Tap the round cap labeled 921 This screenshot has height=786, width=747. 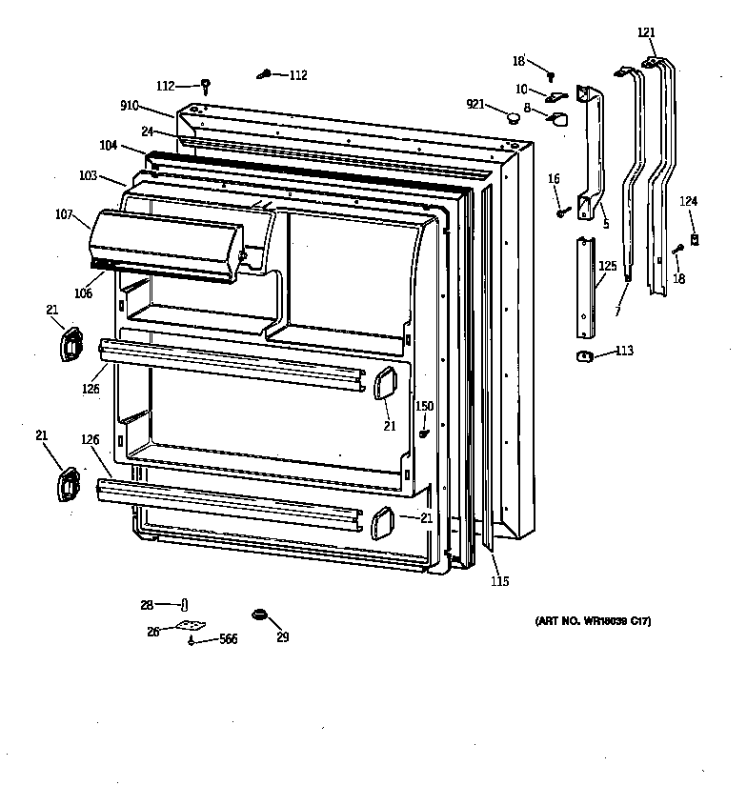tap(515, 118)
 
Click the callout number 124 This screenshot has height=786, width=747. tap(688, 201)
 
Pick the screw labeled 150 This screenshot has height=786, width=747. tap(423, 433)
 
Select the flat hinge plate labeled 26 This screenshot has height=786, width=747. tap(191, 626)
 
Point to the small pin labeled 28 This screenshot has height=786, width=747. tap(185, 604)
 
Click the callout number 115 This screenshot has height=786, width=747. tap(499, 582)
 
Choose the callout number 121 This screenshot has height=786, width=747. tap(647, 32)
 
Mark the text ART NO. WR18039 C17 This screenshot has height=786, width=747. tap(593, 621)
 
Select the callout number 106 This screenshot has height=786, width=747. tap(84, 293)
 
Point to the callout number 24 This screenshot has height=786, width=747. tap(148, 131)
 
